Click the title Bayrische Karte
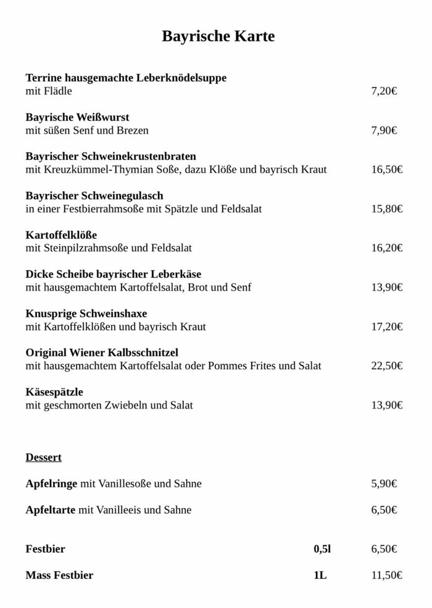point(218,36)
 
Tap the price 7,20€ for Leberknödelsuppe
point(383,91)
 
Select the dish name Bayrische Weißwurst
point(77,117)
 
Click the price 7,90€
point(383,130)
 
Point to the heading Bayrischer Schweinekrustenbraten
point(110,156)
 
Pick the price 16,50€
point(386,170)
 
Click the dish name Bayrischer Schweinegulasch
point(94,196)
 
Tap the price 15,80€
point(386,209)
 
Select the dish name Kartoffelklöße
point(61,235)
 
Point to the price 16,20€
point(386,248)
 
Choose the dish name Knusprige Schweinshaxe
point(86,314)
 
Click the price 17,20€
point(386,327)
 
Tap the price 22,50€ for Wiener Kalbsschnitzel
point(386,366)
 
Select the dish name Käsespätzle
point(54,392)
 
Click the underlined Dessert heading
point(43,457)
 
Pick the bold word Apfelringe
point(51,483)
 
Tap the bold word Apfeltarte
point(50,510)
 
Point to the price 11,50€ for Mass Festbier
point(386,575)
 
